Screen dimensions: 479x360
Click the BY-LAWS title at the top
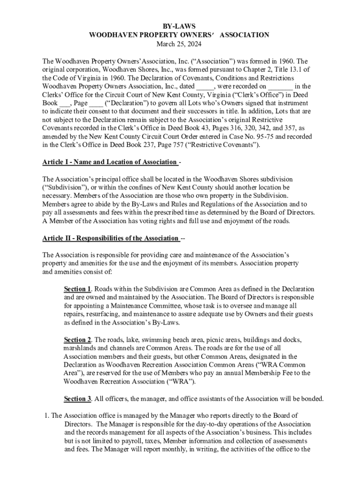[180, 26]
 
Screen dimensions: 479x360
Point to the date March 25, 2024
[180, 44]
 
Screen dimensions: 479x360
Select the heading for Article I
[109, 162]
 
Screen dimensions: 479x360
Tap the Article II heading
[110, 238]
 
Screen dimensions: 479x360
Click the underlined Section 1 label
[77, 289]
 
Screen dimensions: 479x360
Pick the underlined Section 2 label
[77, 340]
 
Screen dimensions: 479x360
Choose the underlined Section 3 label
[77, 399]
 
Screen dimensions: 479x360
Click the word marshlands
[80, 348]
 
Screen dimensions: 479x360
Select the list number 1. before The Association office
[45, 415]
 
